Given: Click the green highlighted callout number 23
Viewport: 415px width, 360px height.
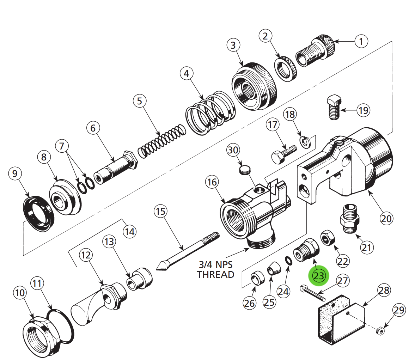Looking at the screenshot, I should click(x=318, y=276).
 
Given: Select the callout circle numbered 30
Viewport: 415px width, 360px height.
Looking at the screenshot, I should click(x=233, y=150).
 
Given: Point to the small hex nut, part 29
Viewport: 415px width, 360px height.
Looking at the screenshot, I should click(x=380, y=330).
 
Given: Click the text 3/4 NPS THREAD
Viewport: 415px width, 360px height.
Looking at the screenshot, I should click(x=215, y=269).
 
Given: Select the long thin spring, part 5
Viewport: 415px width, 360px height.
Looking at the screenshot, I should click(x=161, y=141).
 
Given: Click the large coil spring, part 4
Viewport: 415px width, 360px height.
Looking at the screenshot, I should click(x=210, y=111).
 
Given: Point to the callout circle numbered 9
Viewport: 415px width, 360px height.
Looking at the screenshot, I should click(x=14, y=173).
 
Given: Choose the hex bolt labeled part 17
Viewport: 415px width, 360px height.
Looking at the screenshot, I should click(x=283, y=154).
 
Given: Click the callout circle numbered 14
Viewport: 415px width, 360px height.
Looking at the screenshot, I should click(x=129, y=232).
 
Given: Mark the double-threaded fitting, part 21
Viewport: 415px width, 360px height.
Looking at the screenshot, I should click(x=350, y=219).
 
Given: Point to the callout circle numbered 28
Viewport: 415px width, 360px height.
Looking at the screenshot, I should click(x=384, y=290).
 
